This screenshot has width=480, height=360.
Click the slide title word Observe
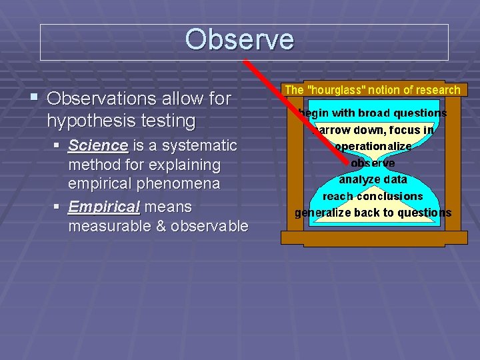click(x=239, y=39)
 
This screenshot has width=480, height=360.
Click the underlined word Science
click(x=98, y=145)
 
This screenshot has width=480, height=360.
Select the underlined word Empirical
click(x=104, y=207)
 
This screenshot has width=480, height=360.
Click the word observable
click(x=209, y=227)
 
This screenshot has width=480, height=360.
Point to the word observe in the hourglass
click(x=373, y=163)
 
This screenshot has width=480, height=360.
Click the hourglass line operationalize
click(x=373, y=147)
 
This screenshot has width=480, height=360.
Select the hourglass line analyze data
click(x=373, y=179)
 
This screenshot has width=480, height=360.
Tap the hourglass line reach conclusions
click(x=373, y=197)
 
